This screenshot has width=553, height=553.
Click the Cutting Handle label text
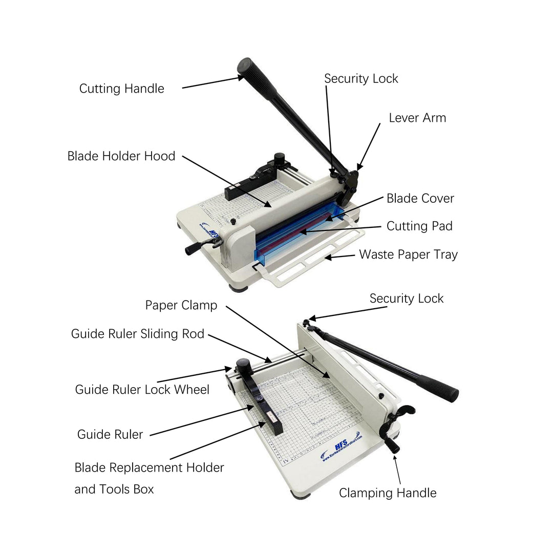point(121,89)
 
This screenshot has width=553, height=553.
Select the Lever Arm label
point(417,118)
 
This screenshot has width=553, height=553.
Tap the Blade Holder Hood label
point(121,156)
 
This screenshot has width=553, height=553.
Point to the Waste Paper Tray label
point(408,254)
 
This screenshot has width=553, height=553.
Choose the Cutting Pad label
point(419,226)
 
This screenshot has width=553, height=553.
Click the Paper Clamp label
point(181,306)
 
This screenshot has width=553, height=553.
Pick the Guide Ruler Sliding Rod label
point(137,334)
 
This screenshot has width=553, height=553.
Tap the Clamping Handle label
point(388,493)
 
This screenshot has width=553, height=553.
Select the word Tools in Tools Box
point(115,489)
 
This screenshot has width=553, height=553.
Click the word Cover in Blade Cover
point(437,199)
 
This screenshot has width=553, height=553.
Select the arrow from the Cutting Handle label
point(212,82)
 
